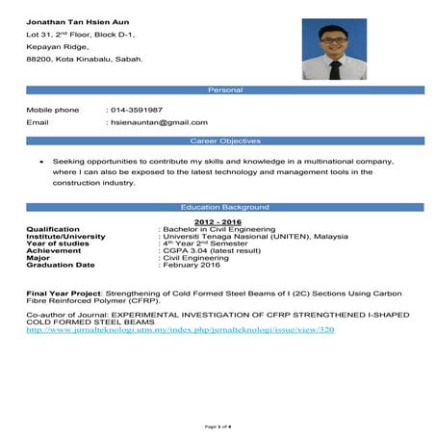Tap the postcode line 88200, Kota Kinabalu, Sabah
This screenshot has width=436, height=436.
point(85,60)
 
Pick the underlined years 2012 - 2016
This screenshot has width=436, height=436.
point(215,222)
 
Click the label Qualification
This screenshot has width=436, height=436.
point(50,229)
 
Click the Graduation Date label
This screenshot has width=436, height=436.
point(60,264)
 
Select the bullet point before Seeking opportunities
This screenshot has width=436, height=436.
point(36,162)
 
